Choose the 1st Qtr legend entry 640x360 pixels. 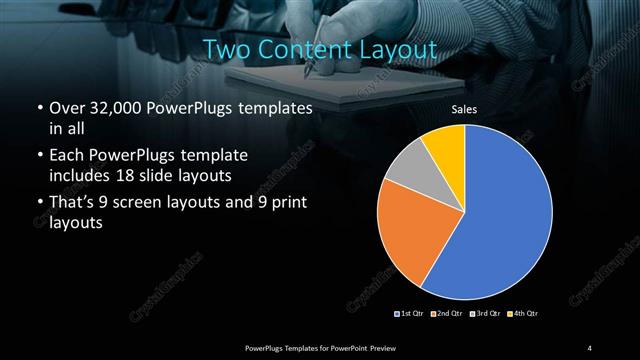point(410,314)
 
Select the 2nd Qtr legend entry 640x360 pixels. point(448,314)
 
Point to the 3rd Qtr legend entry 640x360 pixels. point(487,314)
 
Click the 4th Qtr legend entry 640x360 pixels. point(525,314)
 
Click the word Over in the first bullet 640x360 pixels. point(66,107)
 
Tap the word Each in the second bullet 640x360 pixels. point(66,156)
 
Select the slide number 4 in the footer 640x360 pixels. point(589,347)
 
